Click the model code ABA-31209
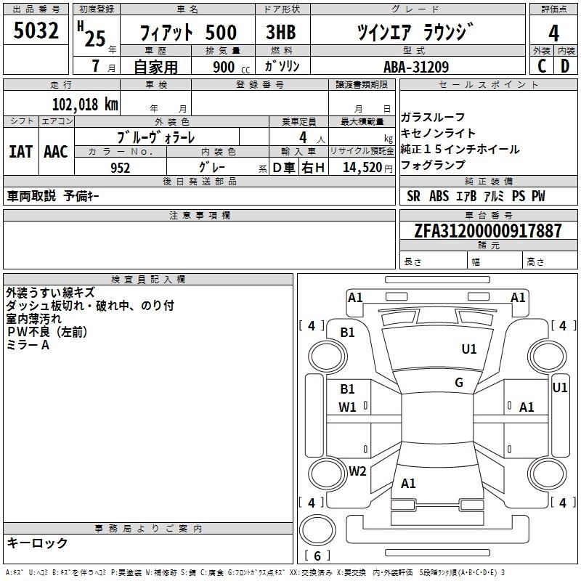pos(415,67)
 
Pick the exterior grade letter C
pos(541,67)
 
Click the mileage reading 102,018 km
pos(86,104)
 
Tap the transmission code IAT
pos(21,152)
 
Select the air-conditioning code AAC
pos(56,152)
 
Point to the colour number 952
pos(120,168)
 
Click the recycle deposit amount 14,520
pos(362,168)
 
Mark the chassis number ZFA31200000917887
pos(487,231)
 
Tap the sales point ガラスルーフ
pos(433,118)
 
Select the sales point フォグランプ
pos(433,166)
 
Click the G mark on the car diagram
pos(459,383)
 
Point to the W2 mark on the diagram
pos(357,471)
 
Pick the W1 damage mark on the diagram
pos(348,407)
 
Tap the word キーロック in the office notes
pos(37,543)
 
